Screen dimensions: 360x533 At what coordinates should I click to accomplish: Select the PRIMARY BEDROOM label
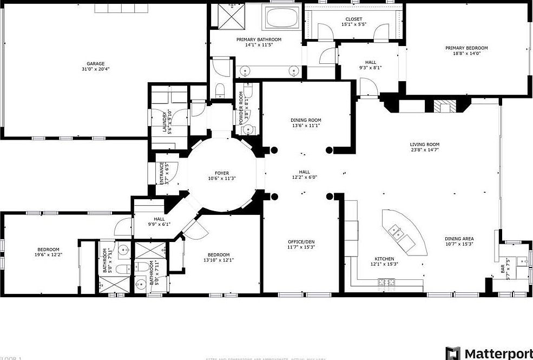tap(466, 48)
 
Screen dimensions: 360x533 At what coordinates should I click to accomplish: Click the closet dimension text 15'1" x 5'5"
tap(354, 24)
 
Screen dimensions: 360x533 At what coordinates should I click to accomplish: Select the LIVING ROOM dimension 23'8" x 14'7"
tap(424, 150)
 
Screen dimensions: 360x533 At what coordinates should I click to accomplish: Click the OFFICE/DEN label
tap(301, 241)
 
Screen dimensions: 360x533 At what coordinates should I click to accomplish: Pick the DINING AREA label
tap(460, 239)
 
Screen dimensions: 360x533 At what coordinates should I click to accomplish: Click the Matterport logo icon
tap(453, 354)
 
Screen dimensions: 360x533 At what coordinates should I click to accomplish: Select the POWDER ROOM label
tap(241, 104)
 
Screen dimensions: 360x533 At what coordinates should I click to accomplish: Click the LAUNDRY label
tap(164, 122)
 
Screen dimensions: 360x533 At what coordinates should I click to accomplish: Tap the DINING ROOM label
tap(306, 120)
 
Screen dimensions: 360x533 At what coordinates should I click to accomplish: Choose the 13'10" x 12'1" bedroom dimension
tap(219, 260)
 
